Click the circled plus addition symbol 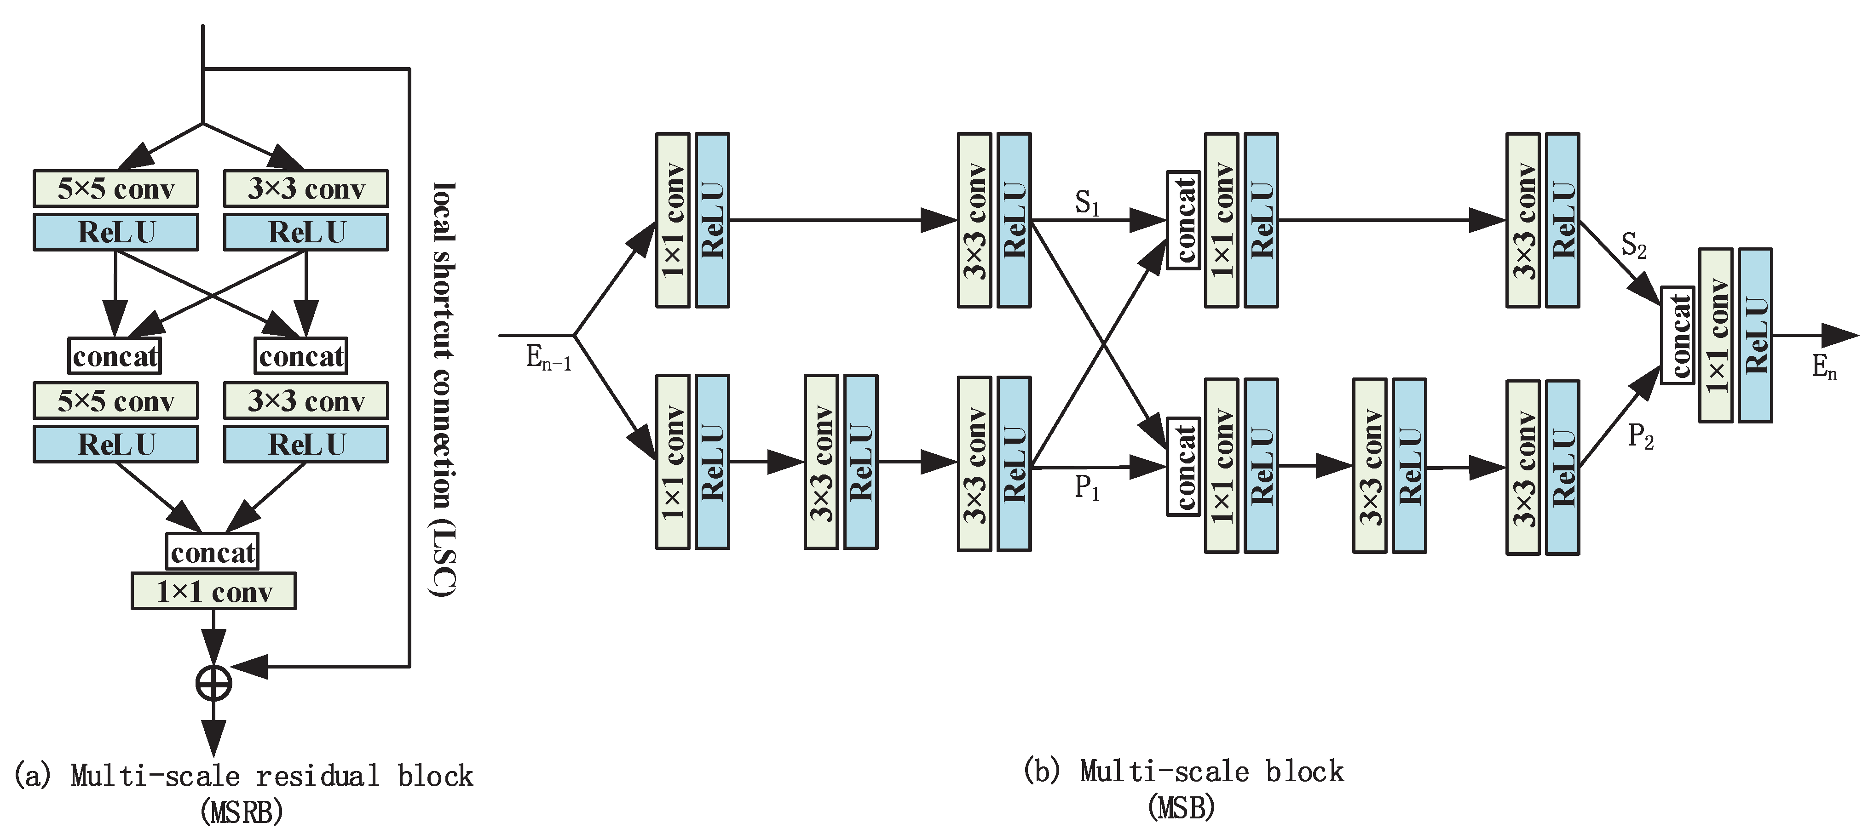click(214, 683)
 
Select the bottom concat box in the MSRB click(213, 552)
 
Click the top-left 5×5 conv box click(116, 189)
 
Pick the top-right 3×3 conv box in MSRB click(306, 189)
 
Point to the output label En click(1824, 367)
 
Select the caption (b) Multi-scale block click(1183, 771)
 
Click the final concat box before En click(1677, 335)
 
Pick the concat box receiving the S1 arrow click(1183, 220)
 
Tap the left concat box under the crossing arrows click(115, 356)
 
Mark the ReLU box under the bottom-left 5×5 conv click(116, 444)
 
